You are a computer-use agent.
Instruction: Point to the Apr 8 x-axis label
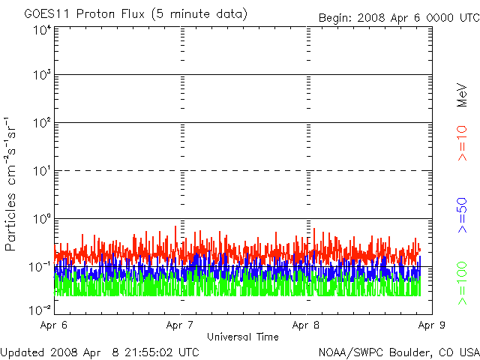click(x=305, y=325)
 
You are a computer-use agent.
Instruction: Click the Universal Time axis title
click(x=242, y=337)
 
